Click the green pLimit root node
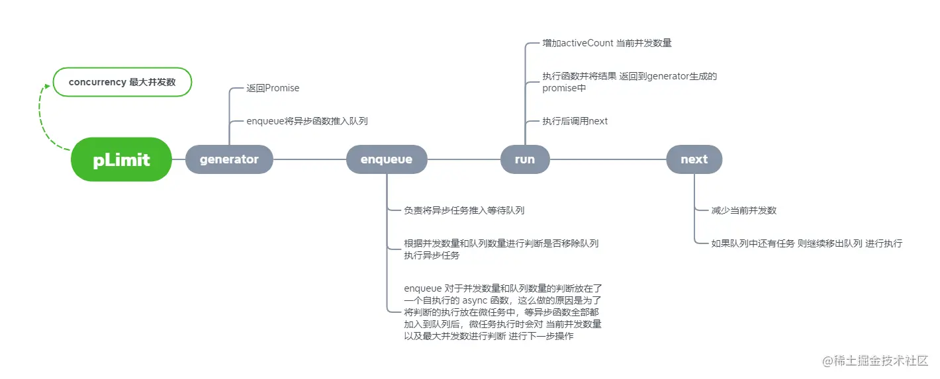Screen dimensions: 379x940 tap(122, 159)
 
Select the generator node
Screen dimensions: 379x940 tap(229, 159)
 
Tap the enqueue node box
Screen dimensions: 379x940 tap(387, 159)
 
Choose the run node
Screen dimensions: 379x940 tap(525, 159)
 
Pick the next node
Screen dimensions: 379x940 tap(694, 159)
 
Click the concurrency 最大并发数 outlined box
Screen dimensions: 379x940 tap(122, 83)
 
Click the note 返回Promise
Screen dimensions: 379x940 tap(273, 88)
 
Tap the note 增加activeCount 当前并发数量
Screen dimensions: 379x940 tap(607, 43)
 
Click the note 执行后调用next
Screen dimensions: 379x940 tap(575, 121)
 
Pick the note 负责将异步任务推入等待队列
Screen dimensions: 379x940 tap(464, 210)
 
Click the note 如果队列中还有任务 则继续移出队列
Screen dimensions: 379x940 tap(806, 243)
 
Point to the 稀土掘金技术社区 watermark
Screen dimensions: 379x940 tap(875, 361)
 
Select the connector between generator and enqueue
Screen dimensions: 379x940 tap(310, 159)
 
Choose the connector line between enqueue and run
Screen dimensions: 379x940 tap(463, 159)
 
